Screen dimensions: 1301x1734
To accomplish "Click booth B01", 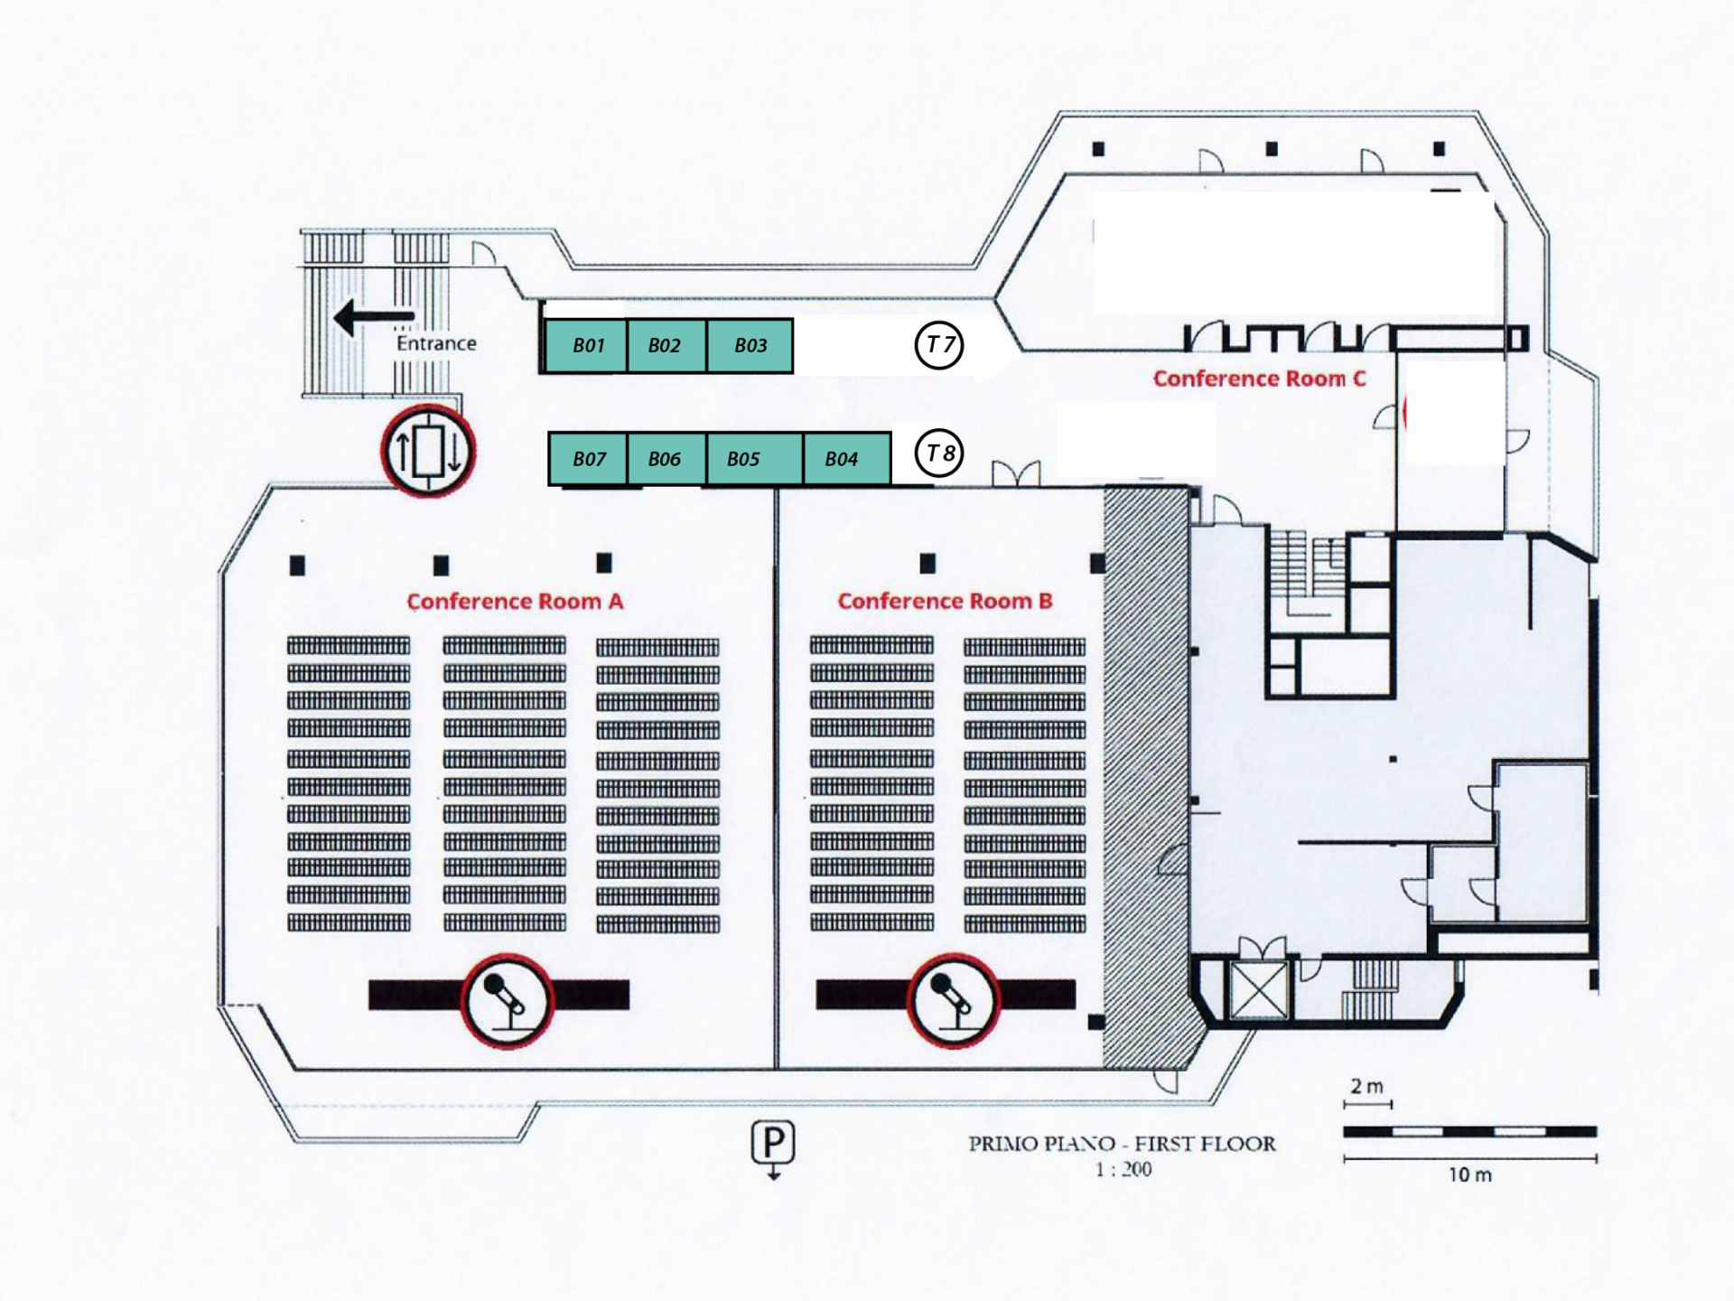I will pos(587,345).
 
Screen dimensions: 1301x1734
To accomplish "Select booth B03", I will pos(750,345).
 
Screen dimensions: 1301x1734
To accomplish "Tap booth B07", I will pos(589,459).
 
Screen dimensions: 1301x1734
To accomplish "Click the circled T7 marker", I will pos(939,344).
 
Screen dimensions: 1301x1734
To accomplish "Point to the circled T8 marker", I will pos(939,453).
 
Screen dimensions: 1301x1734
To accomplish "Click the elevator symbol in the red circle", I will pos(428,452).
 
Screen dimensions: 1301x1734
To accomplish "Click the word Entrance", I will pos(436,343).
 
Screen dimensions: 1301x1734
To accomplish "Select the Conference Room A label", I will pos(515,602).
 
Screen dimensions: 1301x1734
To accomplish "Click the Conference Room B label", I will pos(945,602).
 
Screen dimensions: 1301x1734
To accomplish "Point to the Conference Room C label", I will pos(1259,379).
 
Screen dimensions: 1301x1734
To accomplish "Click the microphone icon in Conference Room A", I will pos(507,1000).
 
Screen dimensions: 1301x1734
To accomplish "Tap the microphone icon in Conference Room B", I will pos(953,1000).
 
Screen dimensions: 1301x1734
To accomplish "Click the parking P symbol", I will pos(773,1144).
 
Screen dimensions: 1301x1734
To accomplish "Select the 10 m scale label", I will pos(1470,1175).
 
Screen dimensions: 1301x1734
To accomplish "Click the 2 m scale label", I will pos(1366,1086).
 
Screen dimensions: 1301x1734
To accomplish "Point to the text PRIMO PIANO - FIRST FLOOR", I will pos(1123,1144).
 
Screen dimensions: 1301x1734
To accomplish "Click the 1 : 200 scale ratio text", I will pos(1123,1169).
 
